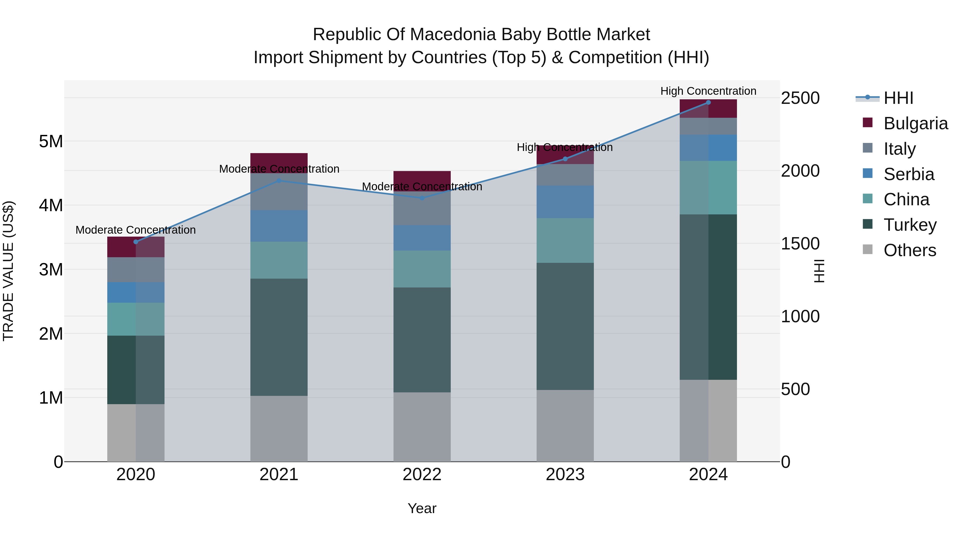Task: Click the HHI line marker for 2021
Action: click(278, 181)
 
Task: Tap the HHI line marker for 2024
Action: click(708, 103)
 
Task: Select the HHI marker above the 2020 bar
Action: click(136, 242)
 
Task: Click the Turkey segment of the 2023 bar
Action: click(565, 326)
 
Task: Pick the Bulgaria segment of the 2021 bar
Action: click(278, 163)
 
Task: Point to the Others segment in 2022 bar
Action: click(422, 426)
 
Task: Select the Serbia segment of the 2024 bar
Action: click(708, 148)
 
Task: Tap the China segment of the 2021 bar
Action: click(278, 260)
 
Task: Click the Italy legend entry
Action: click(899, 149)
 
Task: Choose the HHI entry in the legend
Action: click(898, 98)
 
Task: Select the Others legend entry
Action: click(909, 250)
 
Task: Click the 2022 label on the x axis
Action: click(422, 475)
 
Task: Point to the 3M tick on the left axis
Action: click(51, 269)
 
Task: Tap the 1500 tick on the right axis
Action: click(800, 244)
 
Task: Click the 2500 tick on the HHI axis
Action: click(800, 98)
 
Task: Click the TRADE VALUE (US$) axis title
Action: click(8, 271)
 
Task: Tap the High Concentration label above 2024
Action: click(708, 91)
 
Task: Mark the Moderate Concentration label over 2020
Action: click(136, 230)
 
